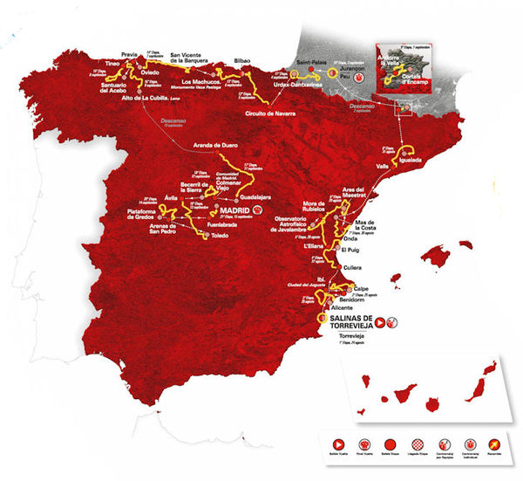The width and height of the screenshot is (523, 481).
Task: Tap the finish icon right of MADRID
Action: pyautogui.click(x=256, y=210)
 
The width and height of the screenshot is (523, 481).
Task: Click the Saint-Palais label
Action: pyautogui.click(x=312, y=62)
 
